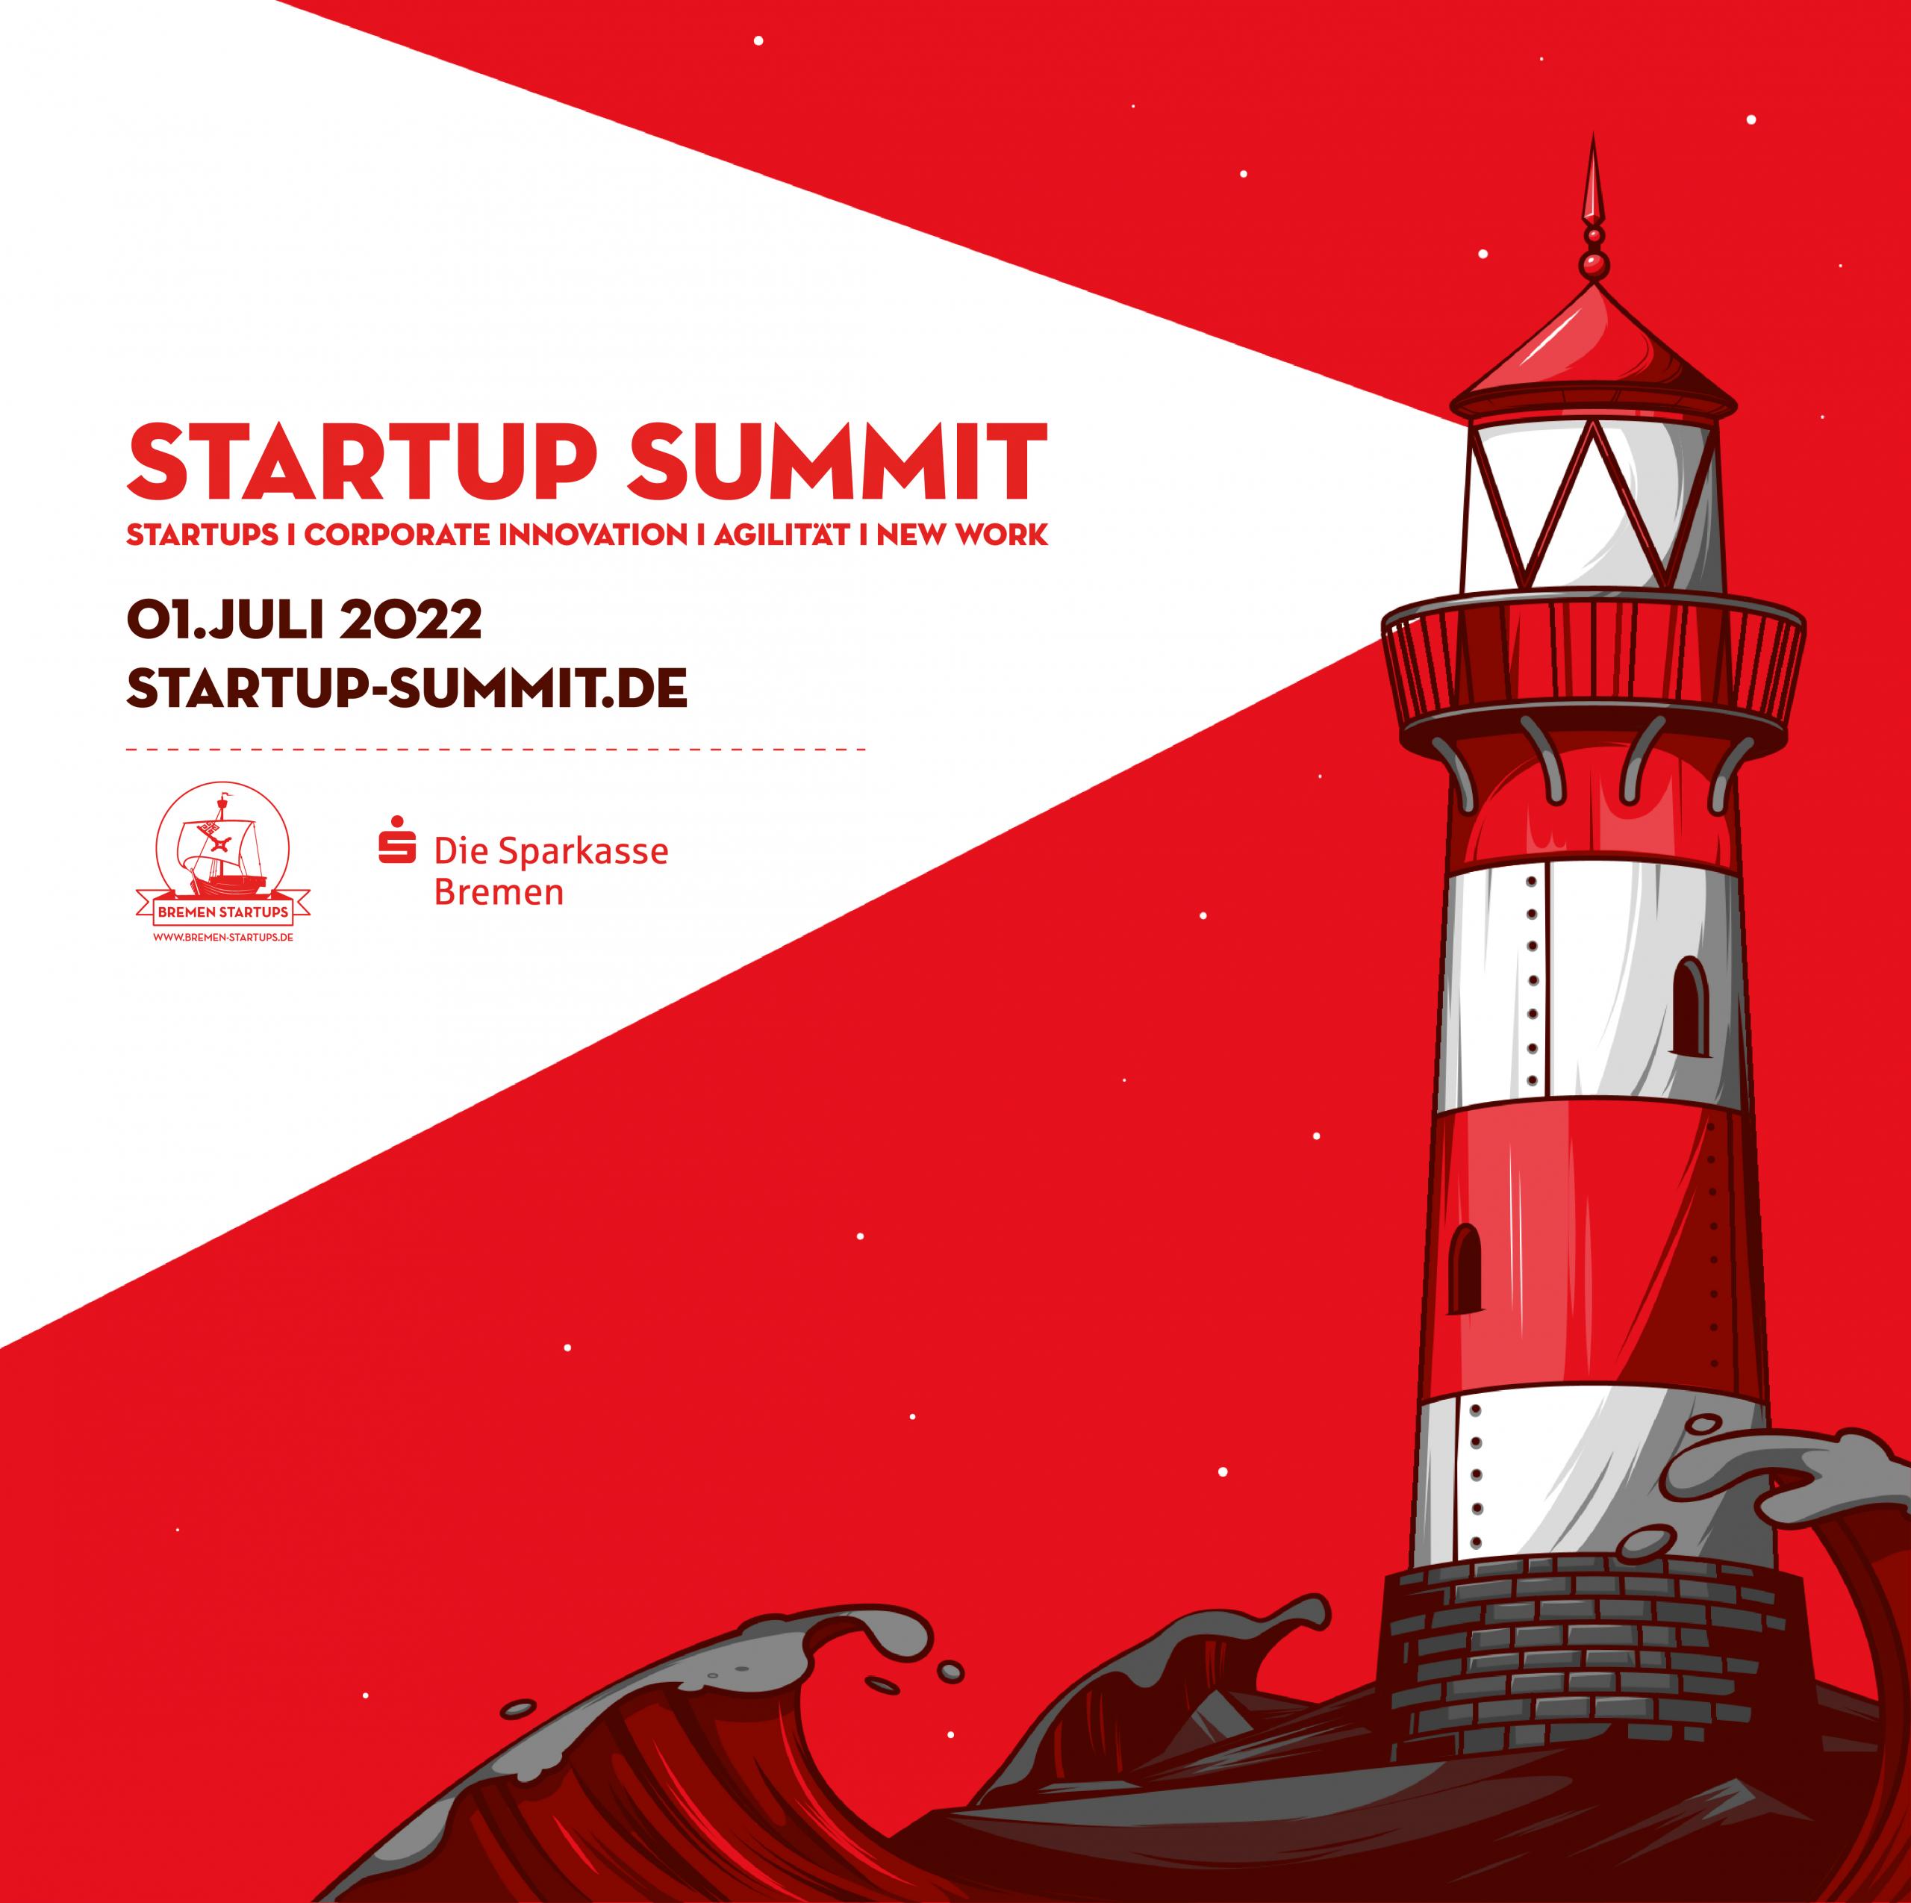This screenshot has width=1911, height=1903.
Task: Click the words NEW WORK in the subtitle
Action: point(961,536)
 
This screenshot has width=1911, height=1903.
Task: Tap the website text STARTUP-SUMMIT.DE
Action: point(407,688)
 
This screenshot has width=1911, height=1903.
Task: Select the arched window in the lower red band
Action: point(1466,1270)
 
